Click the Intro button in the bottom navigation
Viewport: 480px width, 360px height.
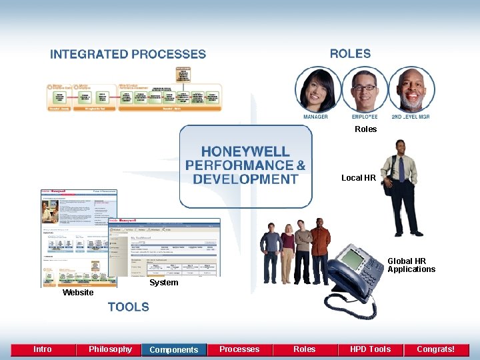click(43, 349)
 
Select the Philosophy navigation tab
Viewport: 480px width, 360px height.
click(110, 349)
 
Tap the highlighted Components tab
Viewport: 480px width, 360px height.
click(174, 349)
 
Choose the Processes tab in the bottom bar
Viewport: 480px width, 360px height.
click(239, 349)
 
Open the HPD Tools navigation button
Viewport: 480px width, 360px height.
click(370, 349)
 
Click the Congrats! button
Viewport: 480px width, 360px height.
click(435, 349)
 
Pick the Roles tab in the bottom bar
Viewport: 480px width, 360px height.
click(305, 349)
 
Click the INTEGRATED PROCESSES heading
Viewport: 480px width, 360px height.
click(128, 55)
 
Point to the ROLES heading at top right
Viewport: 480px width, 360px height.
click(350, 54)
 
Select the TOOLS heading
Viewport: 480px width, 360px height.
click(129, 307)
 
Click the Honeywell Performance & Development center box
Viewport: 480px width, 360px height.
click(245, 167)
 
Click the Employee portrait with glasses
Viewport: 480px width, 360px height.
click(365, 89)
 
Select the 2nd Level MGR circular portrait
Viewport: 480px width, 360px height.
click(411, 89)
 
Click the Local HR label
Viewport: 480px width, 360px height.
click(359, 178)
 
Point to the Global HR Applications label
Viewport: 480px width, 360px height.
click(411, 265)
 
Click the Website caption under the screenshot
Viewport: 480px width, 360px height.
click(78, 293)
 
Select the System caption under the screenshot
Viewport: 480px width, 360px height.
click(163, 283)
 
